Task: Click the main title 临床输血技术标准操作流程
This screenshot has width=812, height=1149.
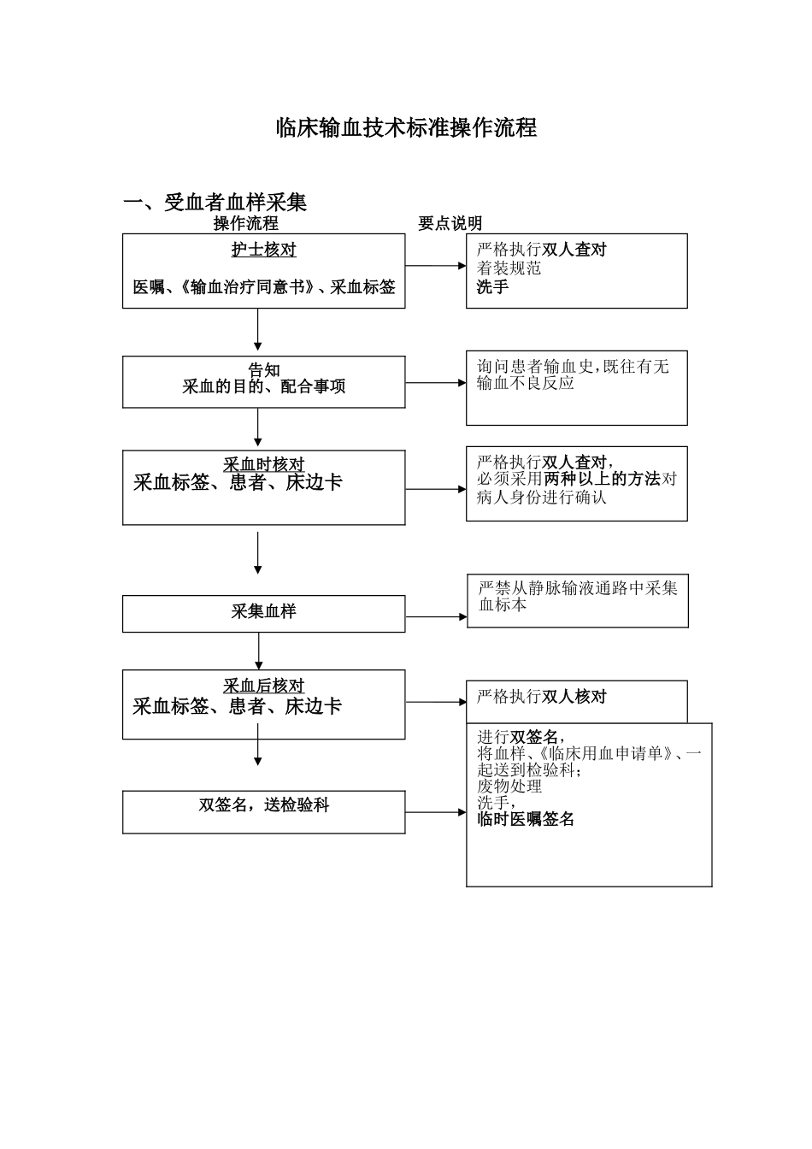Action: tap(406, 128)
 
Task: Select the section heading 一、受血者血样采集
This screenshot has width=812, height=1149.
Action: tap(215, 203)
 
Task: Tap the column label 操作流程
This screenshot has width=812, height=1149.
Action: tap(245, 224)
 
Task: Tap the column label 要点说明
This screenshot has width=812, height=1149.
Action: tap(450, 224)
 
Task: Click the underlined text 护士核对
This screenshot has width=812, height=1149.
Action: tap(263, 250)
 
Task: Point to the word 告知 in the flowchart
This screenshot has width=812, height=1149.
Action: tap(263, 370)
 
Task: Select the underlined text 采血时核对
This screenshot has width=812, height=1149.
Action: tap(263, 464)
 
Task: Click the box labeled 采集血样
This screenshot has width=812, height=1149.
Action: tap(263, 612)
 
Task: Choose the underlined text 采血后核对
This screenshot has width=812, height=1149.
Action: tap(263, 686)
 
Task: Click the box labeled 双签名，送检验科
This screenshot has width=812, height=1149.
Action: tap(263, 805)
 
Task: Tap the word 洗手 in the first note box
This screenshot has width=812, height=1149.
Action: tap(492, 287)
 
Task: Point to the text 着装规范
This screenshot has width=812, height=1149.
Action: tap(509, 268)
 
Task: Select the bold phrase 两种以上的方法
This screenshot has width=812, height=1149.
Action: tap(602, 479)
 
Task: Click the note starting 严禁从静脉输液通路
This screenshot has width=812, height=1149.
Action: tap(577, 588)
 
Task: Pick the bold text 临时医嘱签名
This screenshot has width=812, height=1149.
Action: tap(526, 819)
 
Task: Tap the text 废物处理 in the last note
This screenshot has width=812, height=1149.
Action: tap(509, 787)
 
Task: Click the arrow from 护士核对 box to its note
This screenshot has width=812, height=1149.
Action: tap(435, 266)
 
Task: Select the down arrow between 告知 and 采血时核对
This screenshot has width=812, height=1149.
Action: tap(258, 427)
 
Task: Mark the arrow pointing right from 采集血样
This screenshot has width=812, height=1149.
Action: tap(436, 616)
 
